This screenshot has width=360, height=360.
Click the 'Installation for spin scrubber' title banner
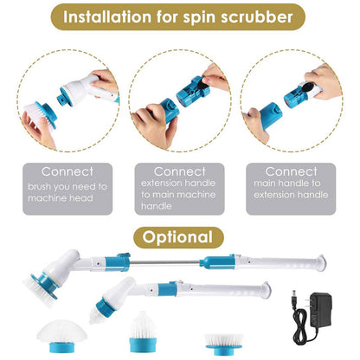(x=180, y=16)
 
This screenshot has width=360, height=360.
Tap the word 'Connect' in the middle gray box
(x=180, y=171)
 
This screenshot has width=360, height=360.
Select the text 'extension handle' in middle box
(x=180, y=184)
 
